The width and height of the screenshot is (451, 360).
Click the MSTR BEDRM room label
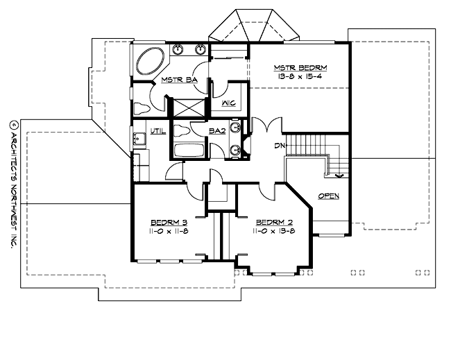point(300,67)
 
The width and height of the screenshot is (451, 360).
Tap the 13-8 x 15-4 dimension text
point(300,77)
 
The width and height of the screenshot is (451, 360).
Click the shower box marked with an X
point(188,108)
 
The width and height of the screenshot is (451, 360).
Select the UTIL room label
point(158,130)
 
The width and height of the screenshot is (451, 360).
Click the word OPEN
point(328,196)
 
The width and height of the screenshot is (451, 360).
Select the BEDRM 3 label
point(167,223)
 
